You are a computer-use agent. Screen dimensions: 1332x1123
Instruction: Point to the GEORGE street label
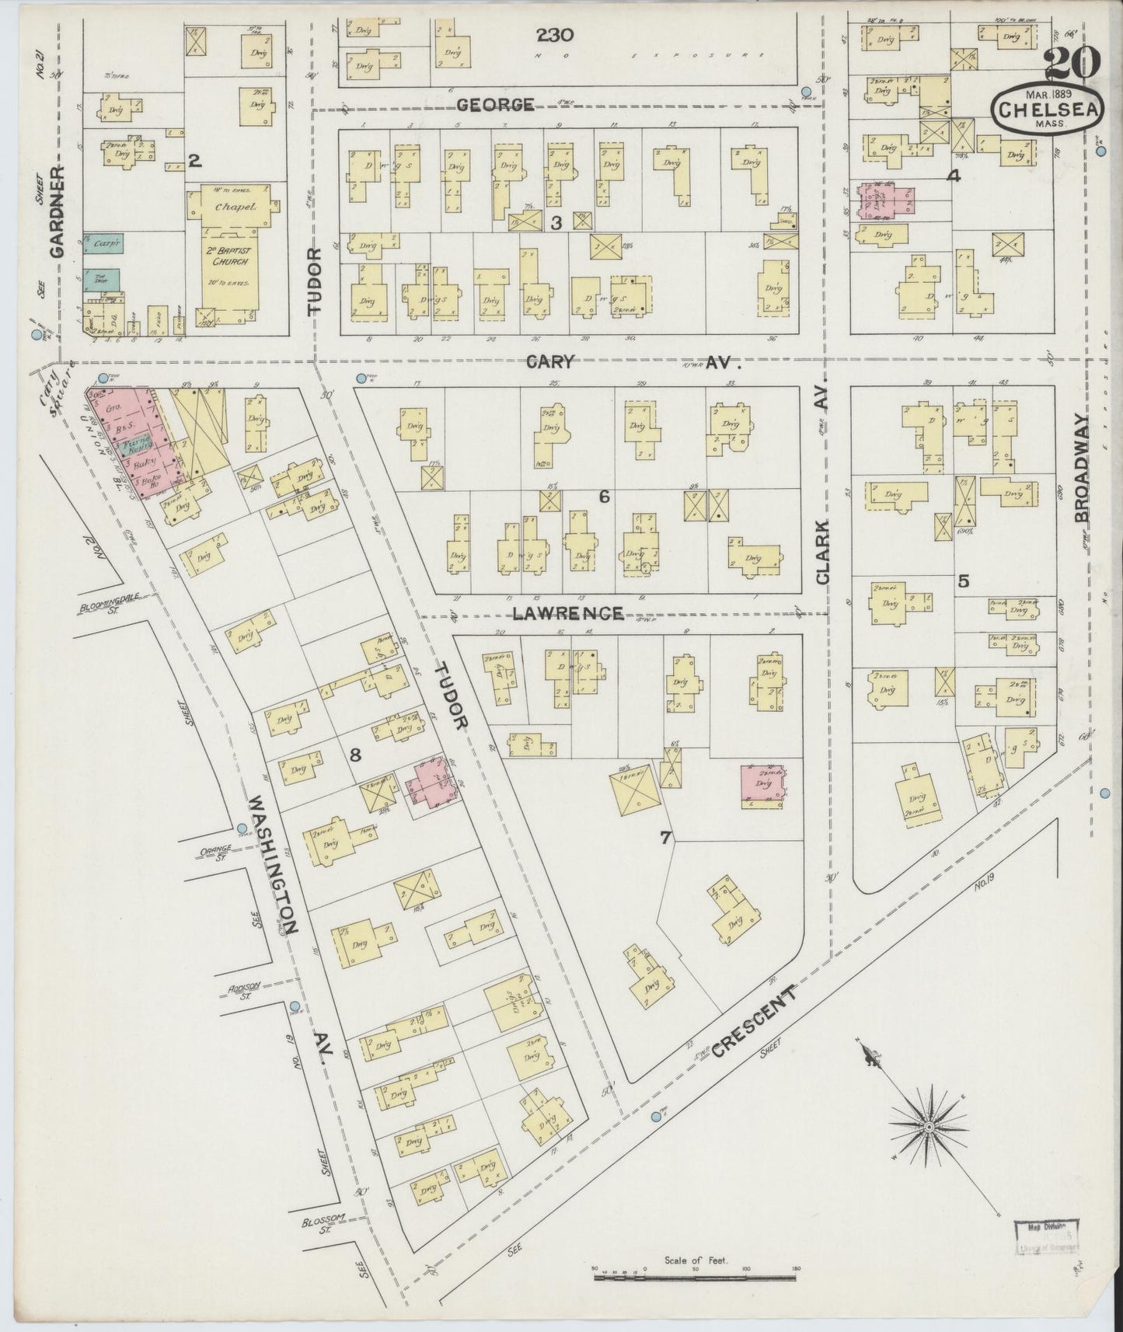coord(495,104)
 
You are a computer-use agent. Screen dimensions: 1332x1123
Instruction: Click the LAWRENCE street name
coord(567,613)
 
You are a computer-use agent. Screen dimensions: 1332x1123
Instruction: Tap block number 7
coord(664,838)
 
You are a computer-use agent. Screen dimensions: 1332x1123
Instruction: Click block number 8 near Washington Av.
coord(355,752)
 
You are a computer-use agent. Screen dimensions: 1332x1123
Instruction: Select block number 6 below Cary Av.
coord(602,496)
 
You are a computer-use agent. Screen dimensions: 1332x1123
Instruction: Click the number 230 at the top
coord(555,34)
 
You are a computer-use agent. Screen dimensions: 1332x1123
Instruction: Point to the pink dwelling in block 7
coord(762,786)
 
